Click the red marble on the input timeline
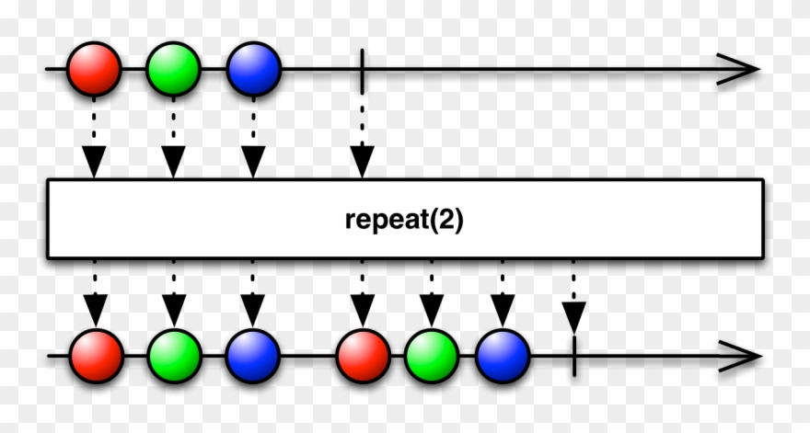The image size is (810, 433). click(94, 69)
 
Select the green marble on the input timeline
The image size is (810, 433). click(173, 69)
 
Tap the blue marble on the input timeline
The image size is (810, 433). click(253, 69)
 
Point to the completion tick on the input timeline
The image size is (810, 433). click(363, 70)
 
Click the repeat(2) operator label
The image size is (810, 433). click(404, 221)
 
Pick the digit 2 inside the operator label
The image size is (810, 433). click(450, 221)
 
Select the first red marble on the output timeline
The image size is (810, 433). click(96, 356)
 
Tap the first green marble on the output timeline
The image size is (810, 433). click(174, 356)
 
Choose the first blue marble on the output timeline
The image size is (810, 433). click(253, 356)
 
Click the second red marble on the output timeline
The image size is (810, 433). click(363, 356)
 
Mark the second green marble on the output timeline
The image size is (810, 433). click(432, 356)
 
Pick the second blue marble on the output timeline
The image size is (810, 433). click(503, 356)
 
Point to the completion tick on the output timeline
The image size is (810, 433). click(573, 356)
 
